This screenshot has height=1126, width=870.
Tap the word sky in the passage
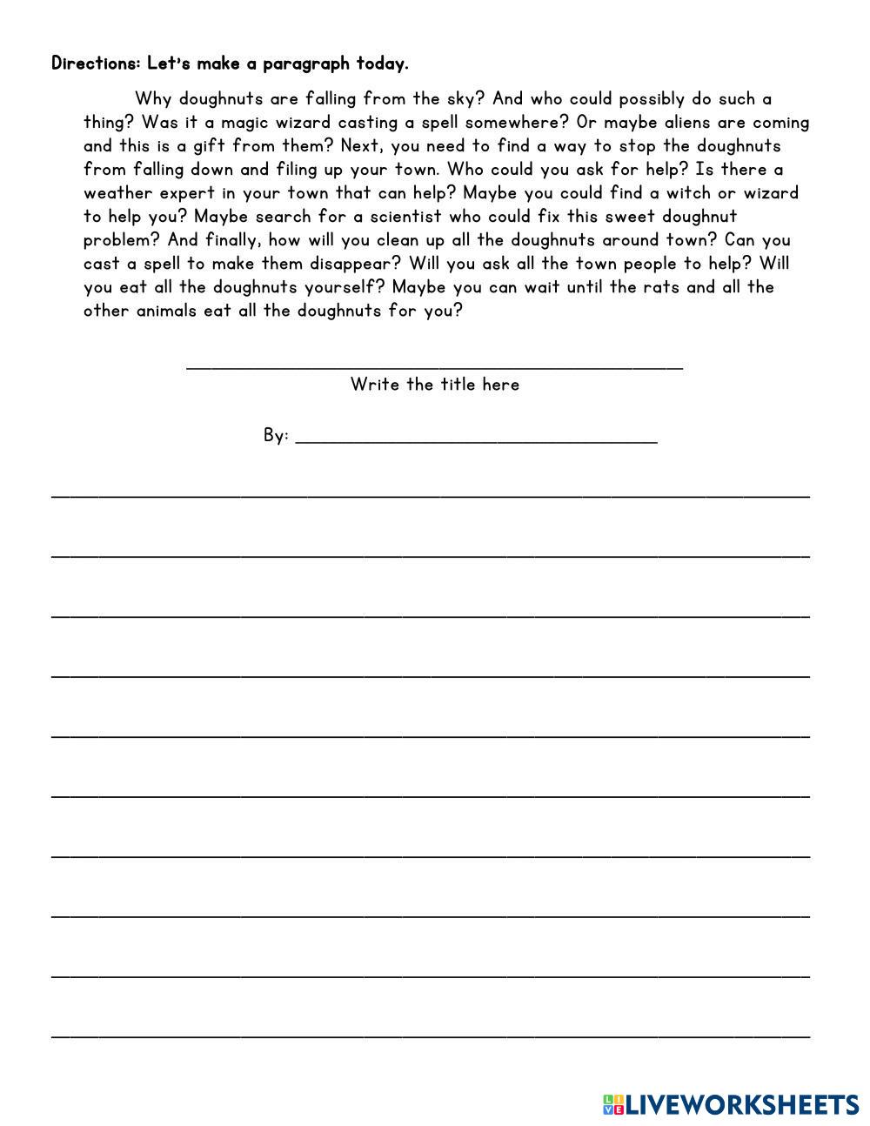(x=458, y=99)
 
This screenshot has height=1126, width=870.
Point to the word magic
(x=245, y=123)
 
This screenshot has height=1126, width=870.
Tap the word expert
(x=186, y=193)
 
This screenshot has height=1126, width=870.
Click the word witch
(x=688, y=193)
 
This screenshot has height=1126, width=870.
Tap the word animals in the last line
(x=166, y=311)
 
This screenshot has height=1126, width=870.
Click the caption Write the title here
(x=435, y=385)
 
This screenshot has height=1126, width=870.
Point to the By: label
(x=276, y=435)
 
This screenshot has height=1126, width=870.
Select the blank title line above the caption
(x=435, y=366)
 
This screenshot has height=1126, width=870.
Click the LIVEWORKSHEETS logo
(x=731, y=1105)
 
